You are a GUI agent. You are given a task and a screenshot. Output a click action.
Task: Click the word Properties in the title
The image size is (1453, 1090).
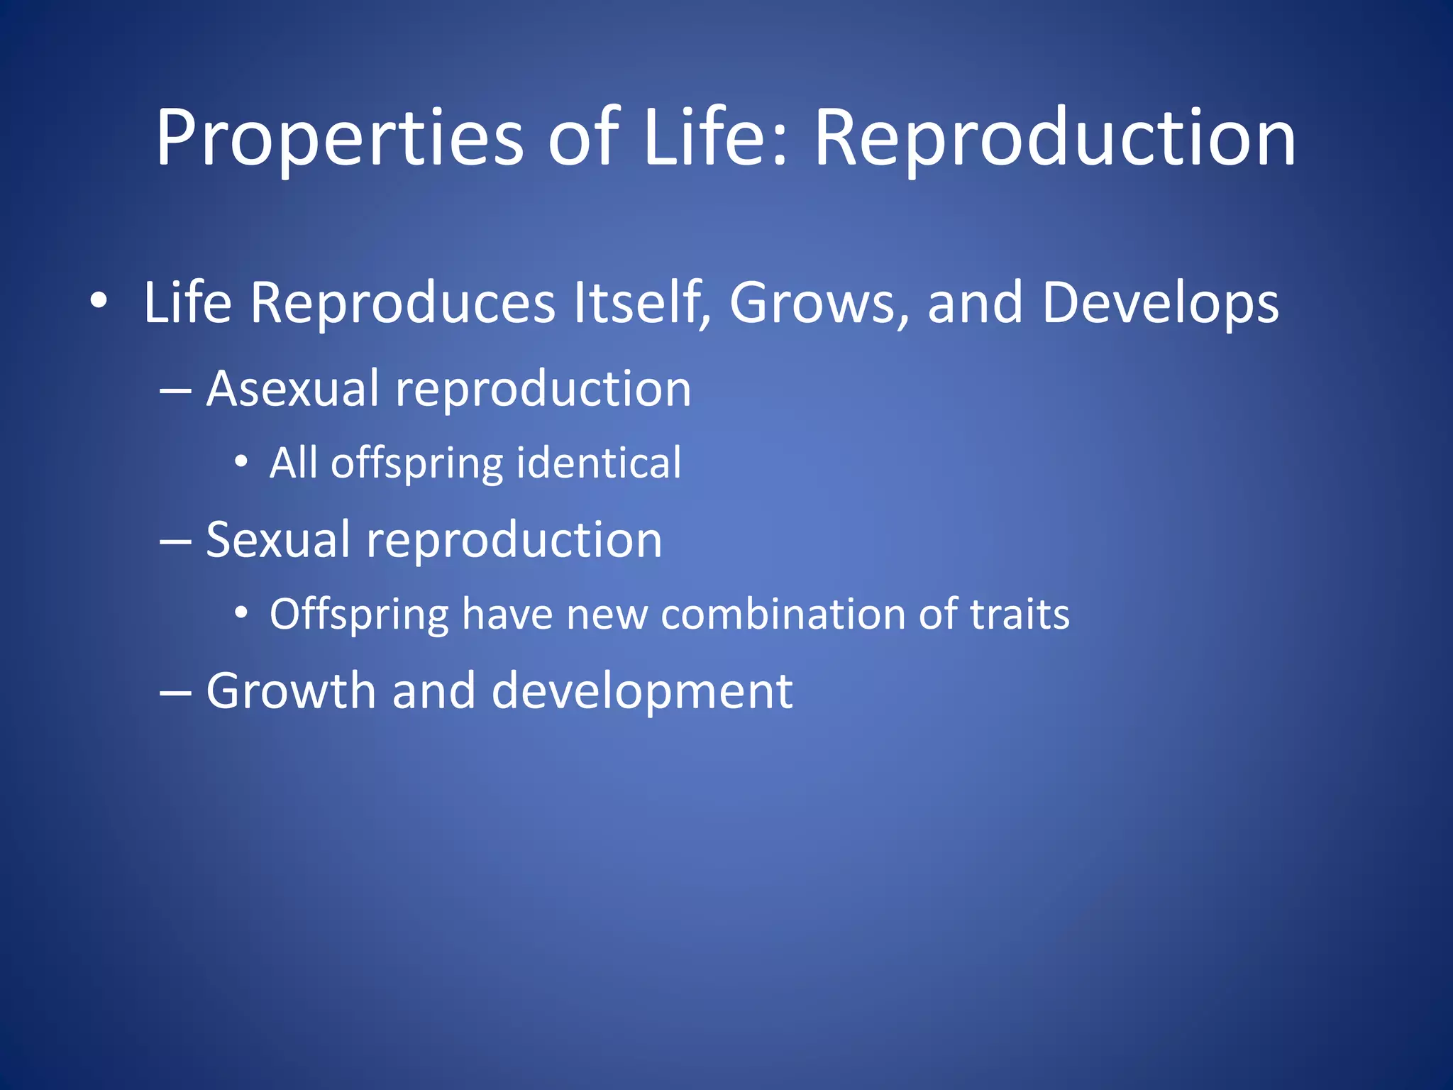coord(339,138)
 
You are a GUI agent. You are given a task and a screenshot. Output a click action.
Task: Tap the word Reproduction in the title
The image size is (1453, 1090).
coord(1054,138)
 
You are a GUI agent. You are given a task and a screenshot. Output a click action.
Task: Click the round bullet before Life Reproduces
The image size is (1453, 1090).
coord(99,301)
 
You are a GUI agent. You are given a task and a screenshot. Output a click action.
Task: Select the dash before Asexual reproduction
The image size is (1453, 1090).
coord(175,391)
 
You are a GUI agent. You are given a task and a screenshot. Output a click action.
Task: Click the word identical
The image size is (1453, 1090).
coord(599,463)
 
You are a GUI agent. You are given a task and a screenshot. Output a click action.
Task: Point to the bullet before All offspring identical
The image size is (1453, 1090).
coord(241,463)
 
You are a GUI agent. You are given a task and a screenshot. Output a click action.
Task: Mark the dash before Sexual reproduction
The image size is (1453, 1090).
coord(175,541)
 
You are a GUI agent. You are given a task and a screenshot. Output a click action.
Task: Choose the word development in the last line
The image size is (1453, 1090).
coord(641,692)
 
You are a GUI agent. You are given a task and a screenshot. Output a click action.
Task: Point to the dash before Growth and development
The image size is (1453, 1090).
coord(175,693)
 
